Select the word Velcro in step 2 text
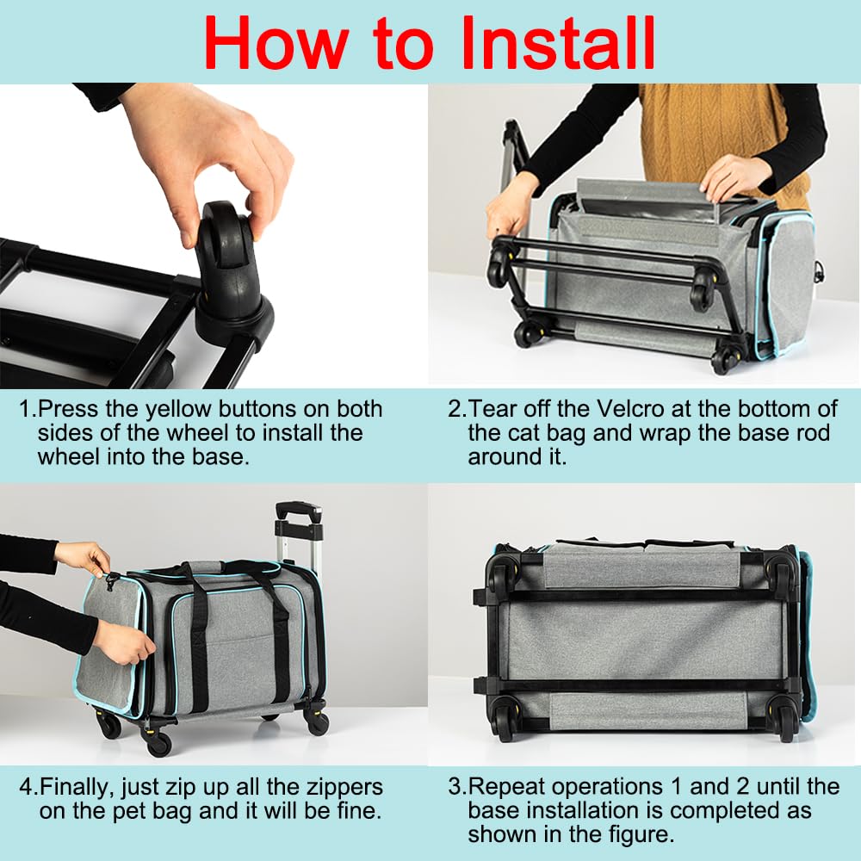(x=629, y=409)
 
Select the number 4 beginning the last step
(x=25, y=788)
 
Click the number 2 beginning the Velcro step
(x=455, y=409)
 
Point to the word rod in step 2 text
(x=814, y=433)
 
